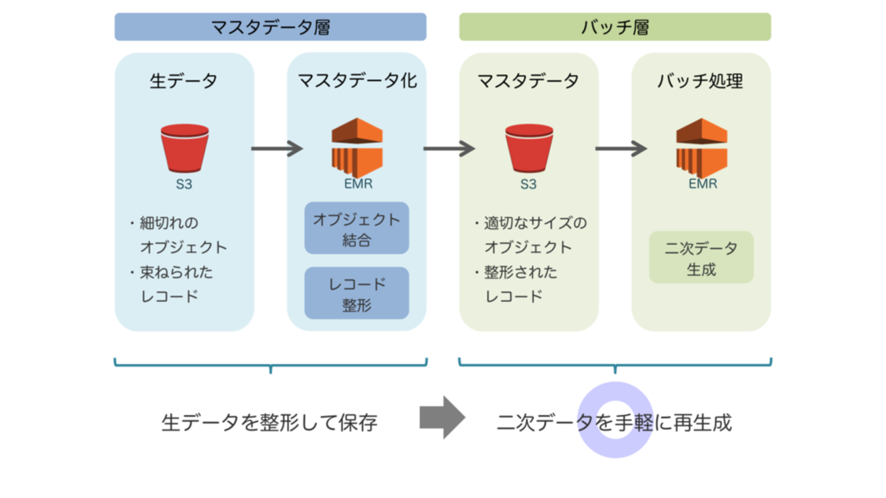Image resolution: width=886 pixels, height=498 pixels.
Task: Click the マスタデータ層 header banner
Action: pos(270,27)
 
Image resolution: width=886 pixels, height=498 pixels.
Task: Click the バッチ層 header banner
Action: pos(615,27)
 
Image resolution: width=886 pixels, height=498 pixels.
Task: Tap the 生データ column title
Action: pos(184,81)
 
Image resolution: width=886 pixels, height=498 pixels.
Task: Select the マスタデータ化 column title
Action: pos(356,81)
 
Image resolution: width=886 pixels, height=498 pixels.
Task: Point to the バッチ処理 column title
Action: pos(701,81)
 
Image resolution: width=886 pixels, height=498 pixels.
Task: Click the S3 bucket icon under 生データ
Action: pos(185,148)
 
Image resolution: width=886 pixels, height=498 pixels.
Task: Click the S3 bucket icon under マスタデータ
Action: pos(529,148)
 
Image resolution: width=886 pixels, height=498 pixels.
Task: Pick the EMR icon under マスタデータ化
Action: pos(357,147)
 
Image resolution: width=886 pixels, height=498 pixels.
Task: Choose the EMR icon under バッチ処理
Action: pos(701,147)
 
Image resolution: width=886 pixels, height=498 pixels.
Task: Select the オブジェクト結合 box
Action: pos(356,228)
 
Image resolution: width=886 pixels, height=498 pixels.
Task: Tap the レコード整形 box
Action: pos(356,294)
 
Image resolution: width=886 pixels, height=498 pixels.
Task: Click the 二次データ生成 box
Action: pos(701,258)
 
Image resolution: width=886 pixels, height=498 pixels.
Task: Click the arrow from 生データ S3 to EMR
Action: pos(276,148)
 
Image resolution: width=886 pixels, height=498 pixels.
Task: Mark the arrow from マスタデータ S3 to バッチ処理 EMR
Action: pos(620,148)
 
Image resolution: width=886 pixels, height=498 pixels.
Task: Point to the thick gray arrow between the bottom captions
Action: pos(442,417)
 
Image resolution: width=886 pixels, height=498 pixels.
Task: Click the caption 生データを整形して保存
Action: pos(269,423)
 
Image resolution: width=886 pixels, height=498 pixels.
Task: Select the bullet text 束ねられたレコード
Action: pos(176,284)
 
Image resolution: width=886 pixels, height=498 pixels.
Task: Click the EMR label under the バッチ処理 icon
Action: pos(702,184)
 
